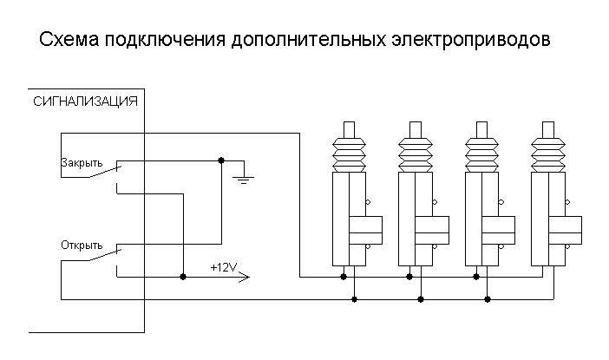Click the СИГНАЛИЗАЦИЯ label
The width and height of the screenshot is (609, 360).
84,101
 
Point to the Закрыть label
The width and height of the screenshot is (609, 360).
82,162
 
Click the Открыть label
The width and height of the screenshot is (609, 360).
82,244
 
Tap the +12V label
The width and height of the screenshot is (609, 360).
223,266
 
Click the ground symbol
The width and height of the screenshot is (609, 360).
245,180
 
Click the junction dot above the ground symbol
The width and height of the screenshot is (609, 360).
221,160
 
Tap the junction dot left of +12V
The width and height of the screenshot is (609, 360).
182,278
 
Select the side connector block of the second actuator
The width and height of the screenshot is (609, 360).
431,230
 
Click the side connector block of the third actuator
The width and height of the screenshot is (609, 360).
498,230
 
